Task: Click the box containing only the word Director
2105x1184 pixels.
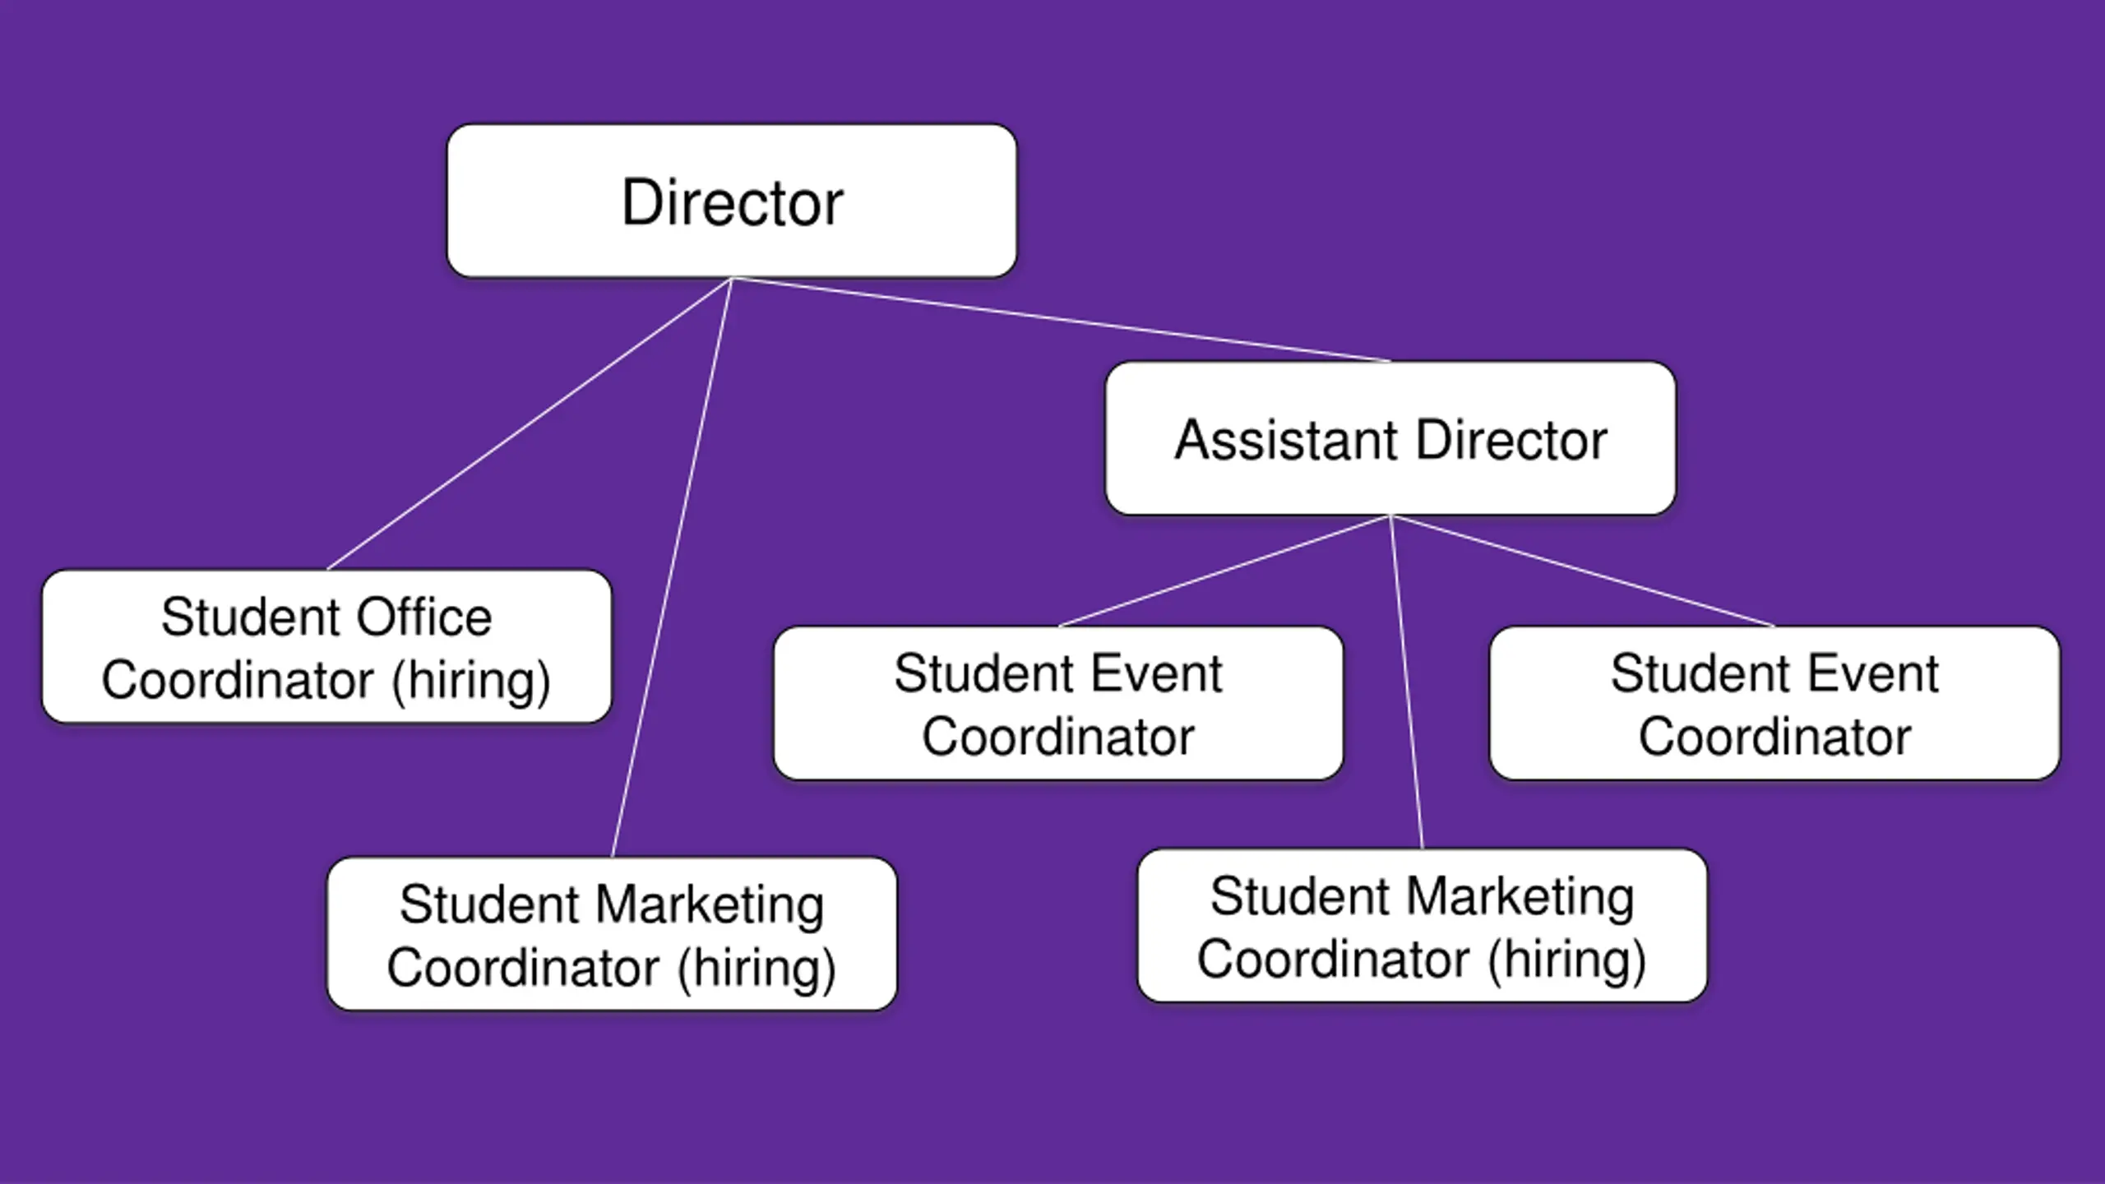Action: click(x=732, y=201)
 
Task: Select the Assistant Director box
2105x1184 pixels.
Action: click(x=1390, y=438)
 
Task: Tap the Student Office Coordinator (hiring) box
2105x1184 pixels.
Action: click(x=326, y=647)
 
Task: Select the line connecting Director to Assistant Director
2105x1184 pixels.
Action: click(x=1061, y=320)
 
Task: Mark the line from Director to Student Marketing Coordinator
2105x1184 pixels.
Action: click(x=672, y=567)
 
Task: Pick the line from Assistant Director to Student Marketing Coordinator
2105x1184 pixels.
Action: click(x=1407, y=682)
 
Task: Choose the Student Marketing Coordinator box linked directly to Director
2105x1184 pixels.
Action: click(x=612, y=934)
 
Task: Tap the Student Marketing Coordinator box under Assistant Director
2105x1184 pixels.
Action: click(x=1422, y=926)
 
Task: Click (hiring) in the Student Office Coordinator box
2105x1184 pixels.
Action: click(x=471, y=681)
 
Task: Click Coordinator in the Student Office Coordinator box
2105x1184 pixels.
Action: click(x=238, y=681)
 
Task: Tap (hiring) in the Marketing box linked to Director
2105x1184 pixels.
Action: click(x=756, y=968)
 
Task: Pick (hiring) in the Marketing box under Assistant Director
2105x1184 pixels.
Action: click(x=1566, y=960)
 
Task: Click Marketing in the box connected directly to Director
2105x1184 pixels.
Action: click(x=709, y=904)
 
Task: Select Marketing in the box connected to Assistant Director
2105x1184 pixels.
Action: click(x=1519, y=896)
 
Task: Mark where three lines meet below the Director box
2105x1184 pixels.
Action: click(x=732, y=279)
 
